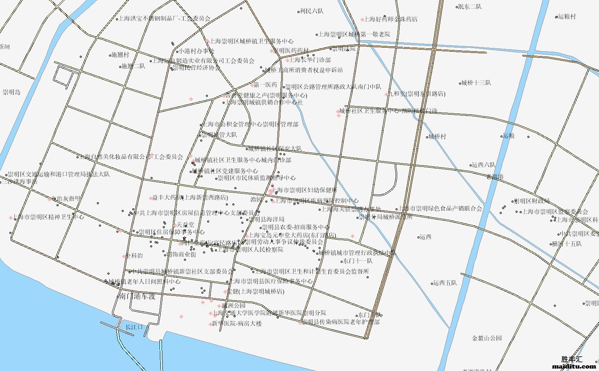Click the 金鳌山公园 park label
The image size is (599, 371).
pyautogui.click(x=487, y=338)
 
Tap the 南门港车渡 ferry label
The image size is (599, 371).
pyautogui.click(x=138, y=296)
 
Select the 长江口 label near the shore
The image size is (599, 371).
pyautogui.click(x=134, y=327)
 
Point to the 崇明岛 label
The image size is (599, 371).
pyautogui.click(x=11, y=92)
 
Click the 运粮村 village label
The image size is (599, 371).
pyautogui.click(x=567, y=17)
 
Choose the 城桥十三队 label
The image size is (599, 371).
pyautogui.click(x=476, y=83)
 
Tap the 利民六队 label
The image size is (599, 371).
pyautogui.click(x=311, y=11)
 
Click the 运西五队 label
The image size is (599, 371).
pyautogui.click(x=445, y=283)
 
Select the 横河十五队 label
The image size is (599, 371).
pyautogui.click(x=567, y=244)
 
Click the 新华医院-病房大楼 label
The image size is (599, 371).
pyautogui.click(x=236, y=323)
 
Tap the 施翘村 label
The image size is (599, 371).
pyautogui.click(x=120, y=55)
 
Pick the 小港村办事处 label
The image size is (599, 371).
pyautogui.click(x=197, y=51)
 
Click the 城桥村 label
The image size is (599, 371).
pyautogui.click(x=437, y=137)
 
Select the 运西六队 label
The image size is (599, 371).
pyautogui.click(x=483, y=165)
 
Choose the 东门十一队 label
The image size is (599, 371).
pyautogui.click(x=358, y=261)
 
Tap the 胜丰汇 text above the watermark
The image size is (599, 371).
pyautogui.click(x=572, y=359)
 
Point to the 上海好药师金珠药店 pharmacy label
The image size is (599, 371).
pyautogui.click(x=391, y=19)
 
